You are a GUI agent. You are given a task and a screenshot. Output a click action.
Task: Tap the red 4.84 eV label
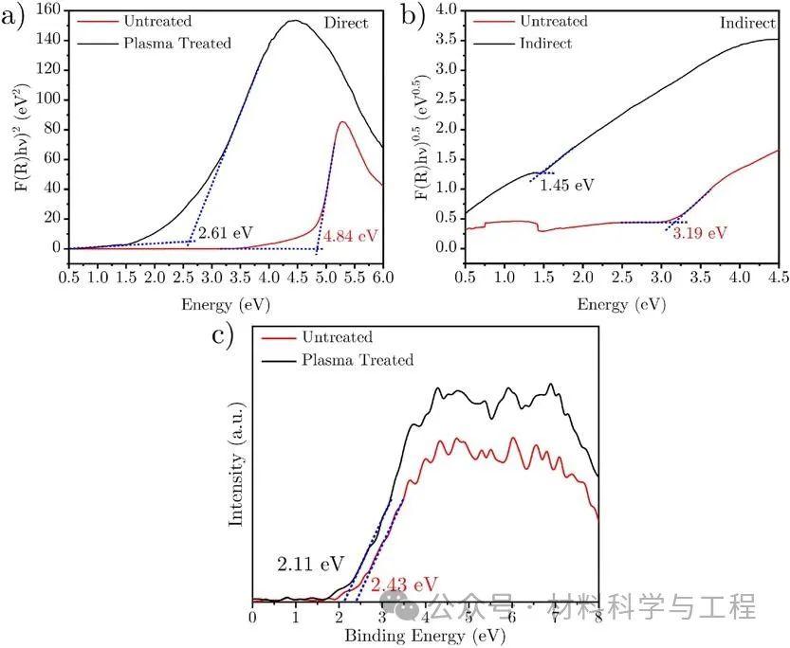(x=352, y=235)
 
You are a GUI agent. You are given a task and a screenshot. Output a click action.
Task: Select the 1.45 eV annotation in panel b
(x=566, y=186)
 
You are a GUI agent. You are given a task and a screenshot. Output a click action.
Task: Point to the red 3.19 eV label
(x=700, y=233)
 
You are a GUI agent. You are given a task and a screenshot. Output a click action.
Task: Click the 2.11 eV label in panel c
(x=310, y=565)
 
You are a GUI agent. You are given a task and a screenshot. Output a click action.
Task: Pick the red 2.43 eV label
(x=404, y=584)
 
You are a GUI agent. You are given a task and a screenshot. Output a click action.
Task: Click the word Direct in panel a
(x=345, y=23)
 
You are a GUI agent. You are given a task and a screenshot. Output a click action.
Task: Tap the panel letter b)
(x=415, y=16)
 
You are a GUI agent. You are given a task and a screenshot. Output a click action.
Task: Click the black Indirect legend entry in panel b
(x=544, y=43)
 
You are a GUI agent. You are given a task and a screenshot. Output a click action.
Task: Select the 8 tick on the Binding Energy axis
(x=598, y=617)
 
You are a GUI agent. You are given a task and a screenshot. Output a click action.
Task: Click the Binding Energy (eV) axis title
(x=425, y=635)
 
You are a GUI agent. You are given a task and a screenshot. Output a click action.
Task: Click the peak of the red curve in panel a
(x=341, y=121)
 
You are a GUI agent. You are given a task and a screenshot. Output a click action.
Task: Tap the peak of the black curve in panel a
(x=294, y=21)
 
